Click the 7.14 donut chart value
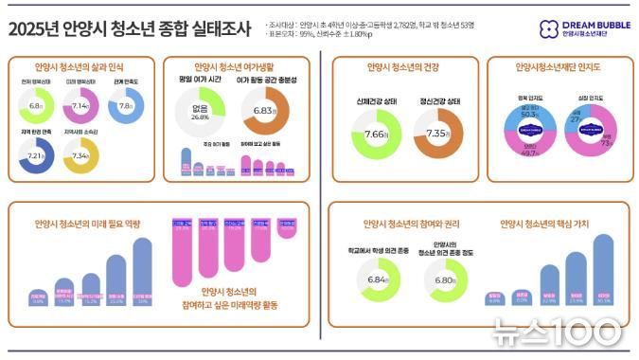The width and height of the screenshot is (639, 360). tap(79, 107)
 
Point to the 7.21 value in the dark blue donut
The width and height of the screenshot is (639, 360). tap(35, 154)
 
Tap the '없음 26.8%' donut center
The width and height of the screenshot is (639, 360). tap(201, 113)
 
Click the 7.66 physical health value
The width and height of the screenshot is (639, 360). tap(377, 135)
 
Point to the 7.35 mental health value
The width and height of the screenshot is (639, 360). tap(438, 135)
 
